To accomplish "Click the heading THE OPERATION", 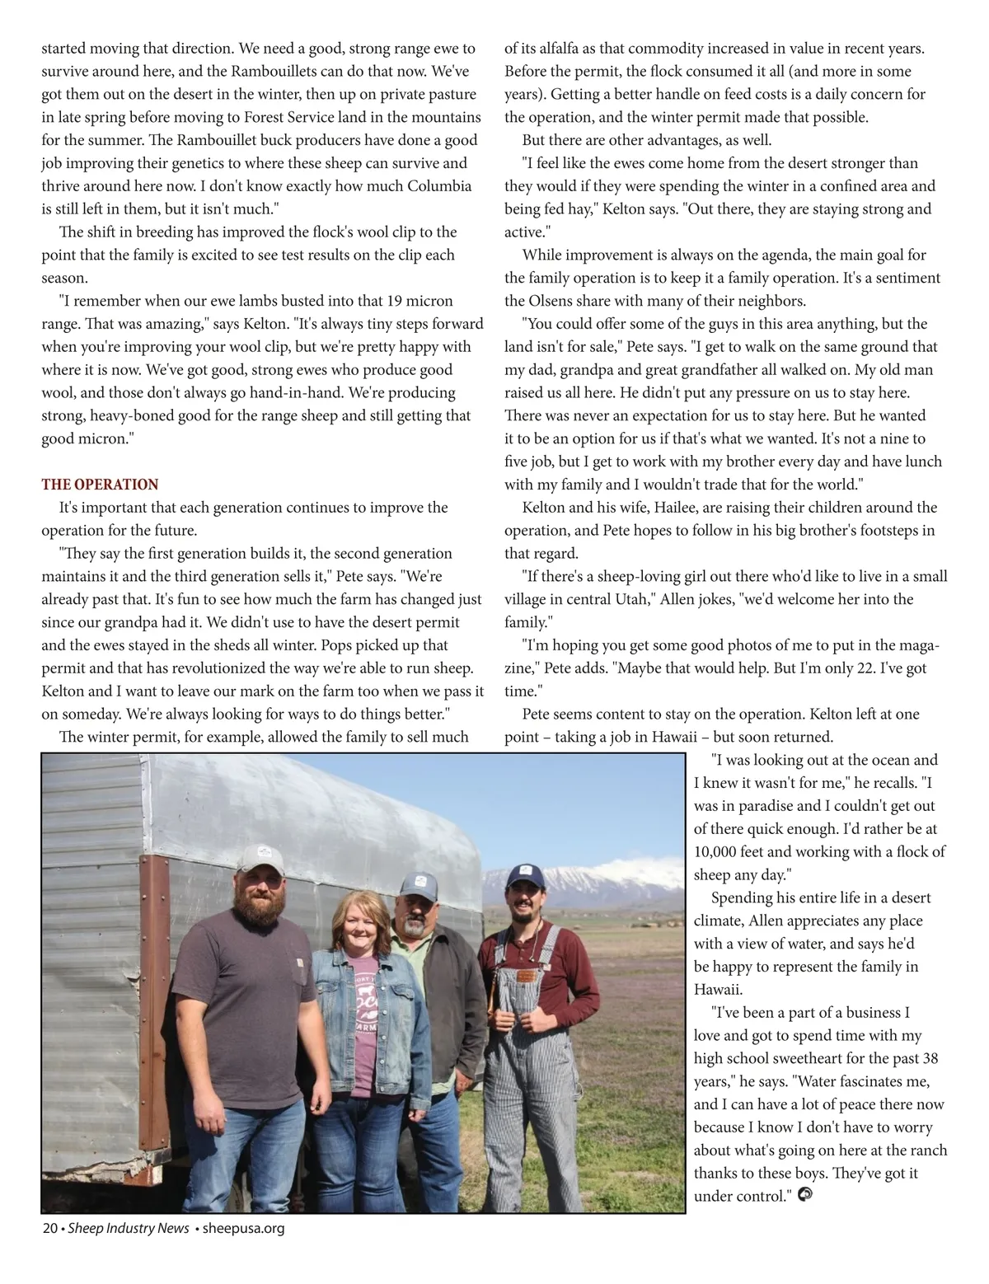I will [100, 485].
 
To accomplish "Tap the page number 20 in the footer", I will [49, 1229].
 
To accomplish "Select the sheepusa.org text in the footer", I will [243, 1229].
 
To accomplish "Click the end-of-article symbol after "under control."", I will [806, 1195].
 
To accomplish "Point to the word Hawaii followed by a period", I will [715, 990].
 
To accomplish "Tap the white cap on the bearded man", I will [260, 859].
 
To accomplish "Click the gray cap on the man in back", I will [418, 887].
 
